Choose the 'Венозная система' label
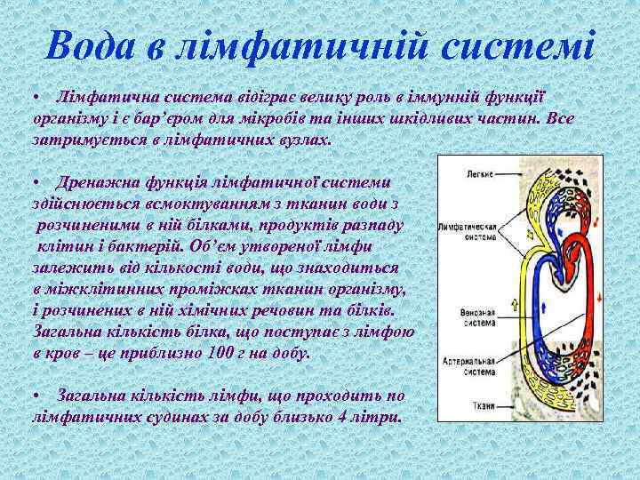click(479, 316)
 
